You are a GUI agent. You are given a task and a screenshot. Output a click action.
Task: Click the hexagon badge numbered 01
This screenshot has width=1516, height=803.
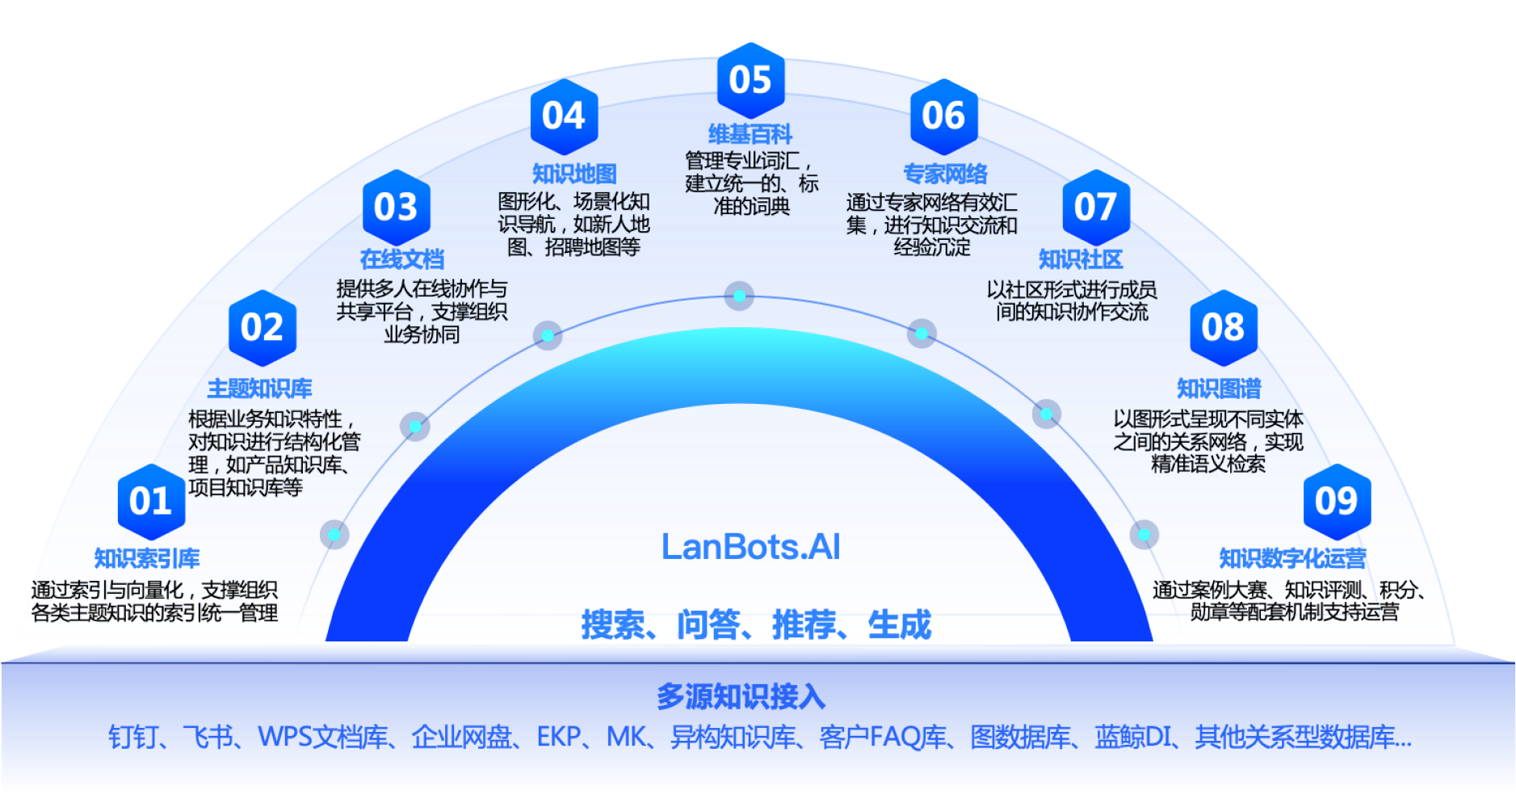pos(151,502)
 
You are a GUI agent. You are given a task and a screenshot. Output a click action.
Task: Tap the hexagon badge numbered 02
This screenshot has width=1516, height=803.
pos(262,328)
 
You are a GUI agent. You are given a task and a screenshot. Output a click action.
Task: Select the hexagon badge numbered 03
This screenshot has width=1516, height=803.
pos(396,208)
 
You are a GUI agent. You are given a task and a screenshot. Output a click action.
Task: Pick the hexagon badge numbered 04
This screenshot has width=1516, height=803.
pos(564,116)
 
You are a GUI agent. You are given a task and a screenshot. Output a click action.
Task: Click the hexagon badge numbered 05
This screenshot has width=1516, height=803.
pos(750,80)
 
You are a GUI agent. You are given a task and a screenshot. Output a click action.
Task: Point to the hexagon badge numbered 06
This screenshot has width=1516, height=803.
pos(943,116)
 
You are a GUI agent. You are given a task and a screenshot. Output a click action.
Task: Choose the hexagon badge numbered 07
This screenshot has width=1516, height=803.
pos(1095,208)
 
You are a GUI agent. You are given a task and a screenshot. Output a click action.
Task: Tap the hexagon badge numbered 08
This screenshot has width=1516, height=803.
pos(1223,328)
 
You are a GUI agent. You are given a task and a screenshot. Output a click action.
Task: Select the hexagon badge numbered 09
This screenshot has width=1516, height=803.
pos(1337,502)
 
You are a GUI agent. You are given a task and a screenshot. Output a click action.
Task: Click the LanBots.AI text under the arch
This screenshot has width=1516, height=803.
pos(750,547)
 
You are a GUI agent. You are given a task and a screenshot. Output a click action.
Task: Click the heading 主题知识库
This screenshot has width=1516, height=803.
pos(259,389)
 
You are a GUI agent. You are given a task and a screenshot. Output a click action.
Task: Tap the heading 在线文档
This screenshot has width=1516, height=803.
pos(402,259)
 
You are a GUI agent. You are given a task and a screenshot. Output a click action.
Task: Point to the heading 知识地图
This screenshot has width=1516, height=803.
pos(574,174)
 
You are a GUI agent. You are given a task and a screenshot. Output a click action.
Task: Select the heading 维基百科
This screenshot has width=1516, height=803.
pos(750,134)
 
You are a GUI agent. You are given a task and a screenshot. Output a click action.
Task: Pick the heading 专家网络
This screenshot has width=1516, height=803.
pos(945,174)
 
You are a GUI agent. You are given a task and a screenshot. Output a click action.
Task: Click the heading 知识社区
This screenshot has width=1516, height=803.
pos(1081,259)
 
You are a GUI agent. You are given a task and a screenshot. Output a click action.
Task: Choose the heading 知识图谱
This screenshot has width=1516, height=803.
pos(1218,389)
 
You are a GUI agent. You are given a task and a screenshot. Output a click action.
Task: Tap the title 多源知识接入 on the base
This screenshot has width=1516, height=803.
pos(740,696)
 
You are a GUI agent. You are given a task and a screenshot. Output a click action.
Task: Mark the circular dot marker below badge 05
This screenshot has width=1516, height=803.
pos(739,296)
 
